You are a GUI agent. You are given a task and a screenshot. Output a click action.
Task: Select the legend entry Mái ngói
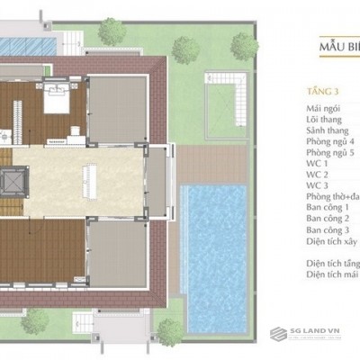point(321,108)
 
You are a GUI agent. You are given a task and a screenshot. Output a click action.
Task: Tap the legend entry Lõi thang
point(322,120)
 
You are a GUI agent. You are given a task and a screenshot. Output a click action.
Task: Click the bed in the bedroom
point(52,98)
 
